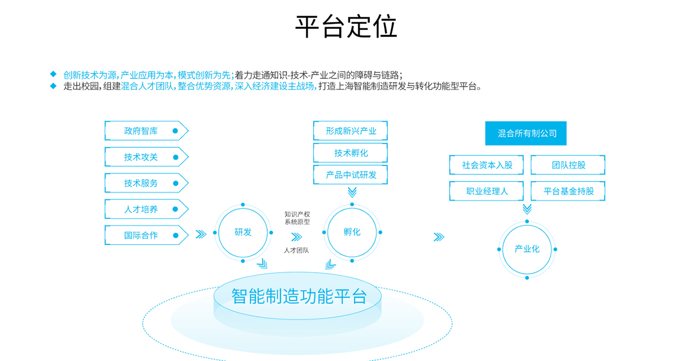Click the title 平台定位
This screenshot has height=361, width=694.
pos(346,26)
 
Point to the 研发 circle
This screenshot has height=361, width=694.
pos(243,232)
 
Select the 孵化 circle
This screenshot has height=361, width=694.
pos(352,232)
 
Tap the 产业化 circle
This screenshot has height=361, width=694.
pos(527,249)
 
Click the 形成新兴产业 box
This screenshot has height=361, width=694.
pos(350,131)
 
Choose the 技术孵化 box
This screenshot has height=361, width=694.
pos(350,153)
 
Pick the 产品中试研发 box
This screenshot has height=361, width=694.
pos(350,174)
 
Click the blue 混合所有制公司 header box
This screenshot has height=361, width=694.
pos(526,133)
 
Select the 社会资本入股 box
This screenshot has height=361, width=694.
pos(486,165)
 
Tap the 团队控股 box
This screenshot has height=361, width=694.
pos(568,165)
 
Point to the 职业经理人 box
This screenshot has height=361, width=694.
pos(486,191)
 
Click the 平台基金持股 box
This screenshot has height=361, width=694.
pos(568,191)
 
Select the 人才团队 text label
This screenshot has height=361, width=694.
pos(296,250)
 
